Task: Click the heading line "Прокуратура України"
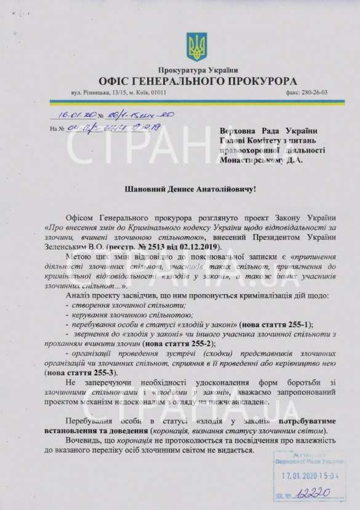tap(197, 71)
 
